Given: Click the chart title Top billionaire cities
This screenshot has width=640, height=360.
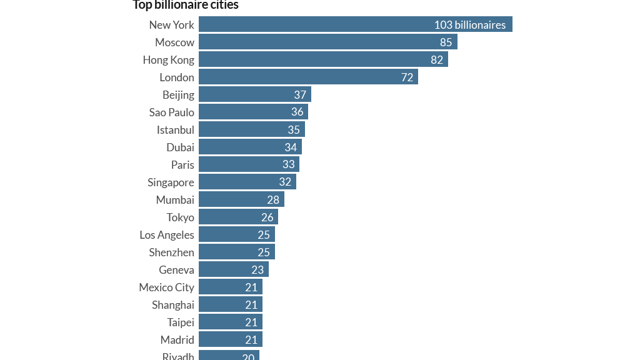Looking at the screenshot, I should (x=186, y=5).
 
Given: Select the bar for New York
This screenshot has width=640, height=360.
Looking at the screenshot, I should (x=355, y=25).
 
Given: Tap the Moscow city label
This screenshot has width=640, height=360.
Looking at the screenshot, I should (x=174, y=42).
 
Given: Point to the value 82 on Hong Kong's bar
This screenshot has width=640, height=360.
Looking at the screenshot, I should (x=437, y=60).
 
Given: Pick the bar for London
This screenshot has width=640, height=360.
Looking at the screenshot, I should (x=308, y=77).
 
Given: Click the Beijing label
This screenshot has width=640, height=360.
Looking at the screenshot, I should (x=178, y=95).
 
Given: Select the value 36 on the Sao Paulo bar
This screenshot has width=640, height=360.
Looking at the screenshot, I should (x=297, y=112).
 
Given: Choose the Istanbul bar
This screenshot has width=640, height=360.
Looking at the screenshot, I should (x=251, y=130).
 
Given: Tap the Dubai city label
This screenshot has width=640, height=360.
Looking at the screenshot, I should (x=180, y=147).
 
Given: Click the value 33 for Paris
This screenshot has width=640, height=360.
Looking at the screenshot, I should (x=289, y=165).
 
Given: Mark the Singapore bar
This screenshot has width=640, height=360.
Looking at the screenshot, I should (x=247, y=182).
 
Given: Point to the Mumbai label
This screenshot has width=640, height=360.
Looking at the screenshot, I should (x=175, y=200).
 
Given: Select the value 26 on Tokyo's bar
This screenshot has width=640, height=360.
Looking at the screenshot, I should (x=267, y=217).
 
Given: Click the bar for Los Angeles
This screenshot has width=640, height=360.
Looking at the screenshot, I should (x=236, y=235).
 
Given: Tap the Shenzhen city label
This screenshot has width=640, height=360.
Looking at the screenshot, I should (x=171, y=252).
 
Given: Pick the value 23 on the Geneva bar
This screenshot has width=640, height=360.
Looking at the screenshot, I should (x=257, y=270).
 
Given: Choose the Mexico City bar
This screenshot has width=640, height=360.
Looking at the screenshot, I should (x=230, y=287).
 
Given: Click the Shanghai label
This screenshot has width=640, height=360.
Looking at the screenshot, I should (x=173, y=305).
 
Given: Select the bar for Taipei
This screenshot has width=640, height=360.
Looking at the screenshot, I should (x=230, y=322).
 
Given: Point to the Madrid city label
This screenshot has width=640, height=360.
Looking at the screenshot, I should (x=177, y=340).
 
